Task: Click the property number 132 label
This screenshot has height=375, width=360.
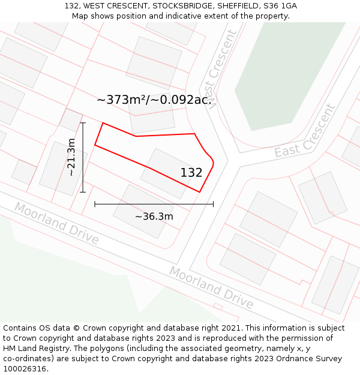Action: tap(191, 173)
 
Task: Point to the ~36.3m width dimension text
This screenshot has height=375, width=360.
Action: tap(154, 217)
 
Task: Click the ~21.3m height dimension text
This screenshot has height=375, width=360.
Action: tap(71, 157)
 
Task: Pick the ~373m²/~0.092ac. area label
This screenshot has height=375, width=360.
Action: tap(154, 100)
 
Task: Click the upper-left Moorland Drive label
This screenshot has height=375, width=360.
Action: tap(56, 223)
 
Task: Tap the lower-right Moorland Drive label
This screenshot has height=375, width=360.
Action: tap(211, 287)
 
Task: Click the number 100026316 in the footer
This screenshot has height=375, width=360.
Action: tap(24, 369)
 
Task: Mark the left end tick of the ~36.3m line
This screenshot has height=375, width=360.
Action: tap(95, 204)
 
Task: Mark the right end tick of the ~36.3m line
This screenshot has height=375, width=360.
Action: tap(213, 204)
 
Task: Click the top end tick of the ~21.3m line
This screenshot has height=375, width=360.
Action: tap(83, 123)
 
